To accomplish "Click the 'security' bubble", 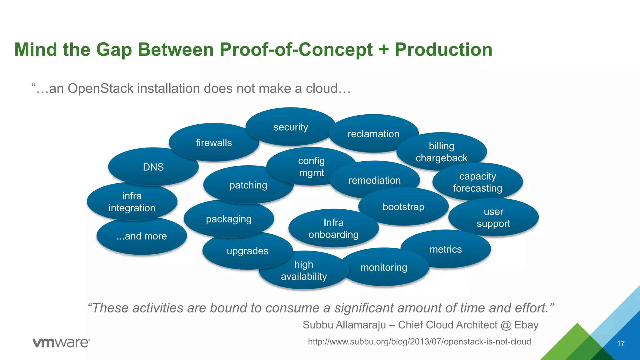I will (x=291, y=127).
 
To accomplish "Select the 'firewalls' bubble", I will (x=214, y=142).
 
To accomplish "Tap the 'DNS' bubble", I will (x=153, y=167).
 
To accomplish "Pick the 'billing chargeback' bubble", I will (x=441, y=152).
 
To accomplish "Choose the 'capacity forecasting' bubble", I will (x=477, y=182).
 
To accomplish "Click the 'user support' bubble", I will (x=493, y=217).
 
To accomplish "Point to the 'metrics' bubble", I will (x=446, y=249).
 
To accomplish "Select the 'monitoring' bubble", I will (x=384, y=267).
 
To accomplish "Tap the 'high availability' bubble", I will (x=304, y=271).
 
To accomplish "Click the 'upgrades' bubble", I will (x=247, y=251).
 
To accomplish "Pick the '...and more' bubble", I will (x=142, y=236).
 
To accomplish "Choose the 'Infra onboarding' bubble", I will (x=333, y=228).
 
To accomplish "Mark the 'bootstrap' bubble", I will (x=403, y=207).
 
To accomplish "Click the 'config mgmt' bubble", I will (x=311, y=167).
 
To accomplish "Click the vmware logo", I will (x=61, y=342).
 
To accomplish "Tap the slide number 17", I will (x=621, y=343).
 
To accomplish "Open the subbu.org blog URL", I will (x=419, y=342).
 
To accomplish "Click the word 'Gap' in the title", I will (x=114, y=50).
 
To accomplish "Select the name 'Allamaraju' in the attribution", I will (x=361, y=325).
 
